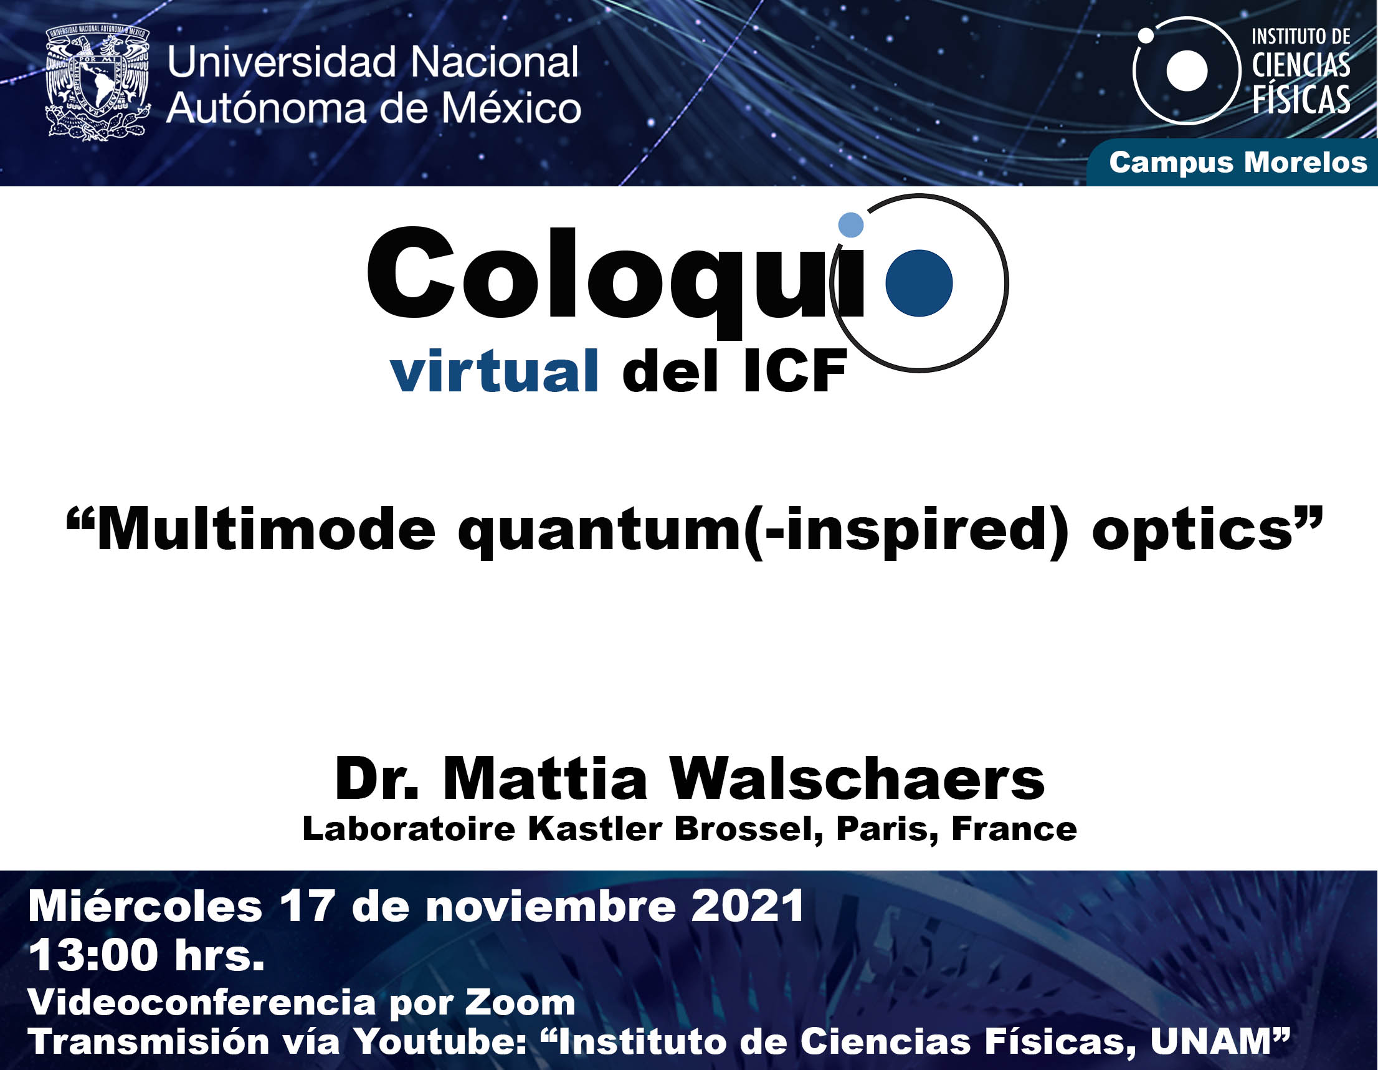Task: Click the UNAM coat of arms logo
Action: point(98,82)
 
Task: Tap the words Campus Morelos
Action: point(1238,162)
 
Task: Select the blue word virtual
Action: point(494,371)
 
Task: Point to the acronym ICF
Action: point(794,371)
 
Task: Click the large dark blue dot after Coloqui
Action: point(919,283)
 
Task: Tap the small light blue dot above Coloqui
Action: point(850,225)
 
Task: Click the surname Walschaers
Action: point(857,779)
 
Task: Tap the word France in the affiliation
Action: point(1014,829)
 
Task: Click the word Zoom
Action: point(520,1002)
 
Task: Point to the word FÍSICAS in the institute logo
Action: point(1301,100)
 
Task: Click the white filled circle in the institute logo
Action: point(1187,70)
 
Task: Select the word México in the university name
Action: point(510,107)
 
